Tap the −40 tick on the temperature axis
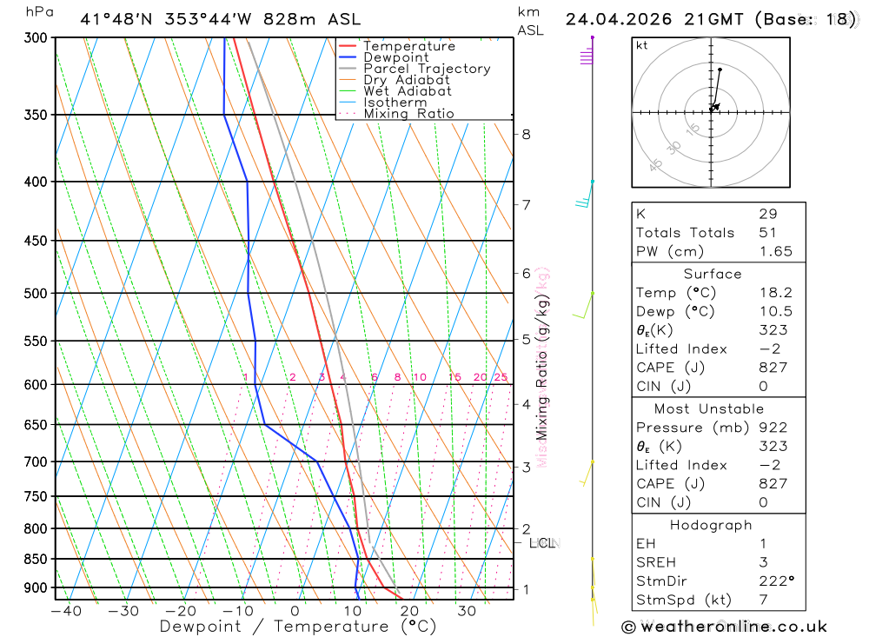66,611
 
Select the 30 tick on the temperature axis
467,611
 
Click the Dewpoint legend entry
395,57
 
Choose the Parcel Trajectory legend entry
426,69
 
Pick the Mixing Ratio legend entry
408,114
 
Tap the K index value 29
767,214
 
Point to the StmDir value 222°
776,581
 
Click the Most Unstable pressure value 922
773,428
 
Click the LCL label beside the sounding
541,543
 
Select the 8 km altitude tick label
526,134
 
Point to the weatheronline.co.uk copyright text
724,627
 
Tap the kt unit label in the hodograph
641,45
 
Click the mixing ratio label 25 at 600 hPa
501,377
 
